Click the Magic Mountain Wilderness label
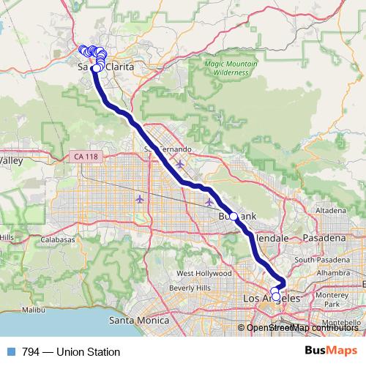[231, 68]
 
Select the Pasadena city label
[326, 239]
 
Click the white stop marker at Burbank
[234, 217]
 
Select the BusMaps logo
[330, 351]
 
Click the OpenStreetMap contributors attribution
[301, 327]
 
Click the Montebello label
[343, 324]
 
